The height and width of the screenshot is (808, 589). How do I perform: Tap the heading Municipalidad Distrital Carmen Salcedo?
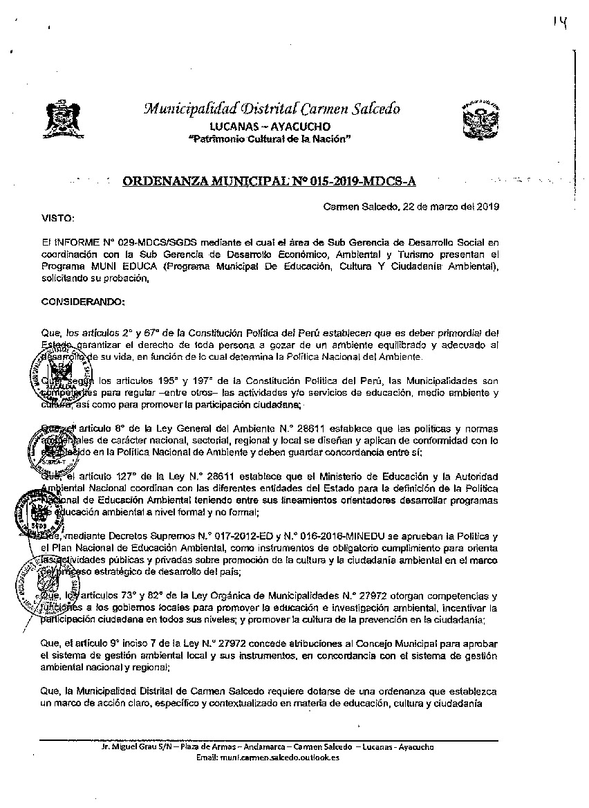(271, 109)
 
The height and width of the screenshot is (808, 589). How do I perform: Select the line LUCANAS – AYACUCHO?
(270, 126)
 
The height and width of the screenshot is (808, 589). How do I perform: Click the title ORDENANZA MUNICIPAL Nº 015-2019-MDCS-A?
(270, 181)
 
